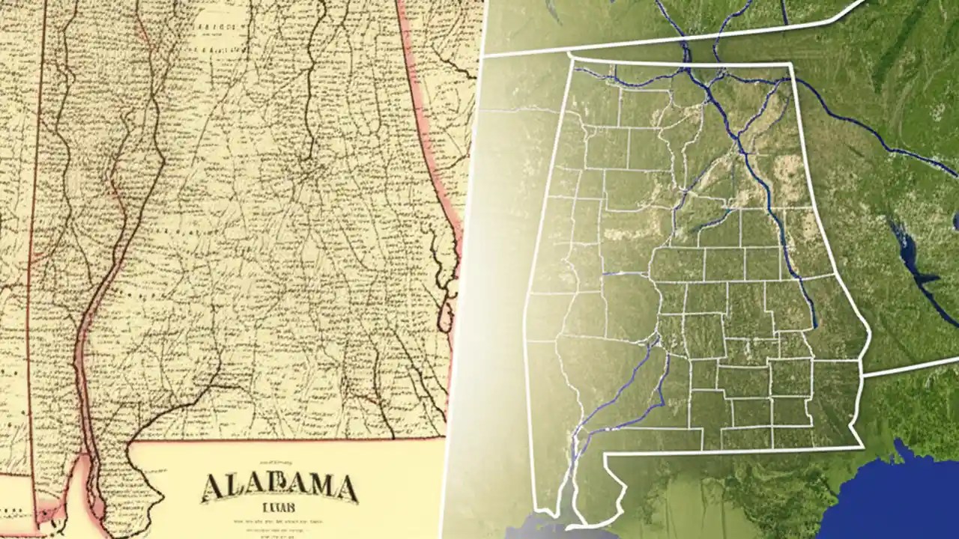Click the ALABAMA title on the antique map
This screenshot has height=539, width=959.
(279, 487)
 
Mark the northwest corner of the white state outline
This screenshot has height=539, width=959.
(571, 58)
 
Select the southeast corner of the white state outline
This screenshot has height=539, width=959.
(862, 448)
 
